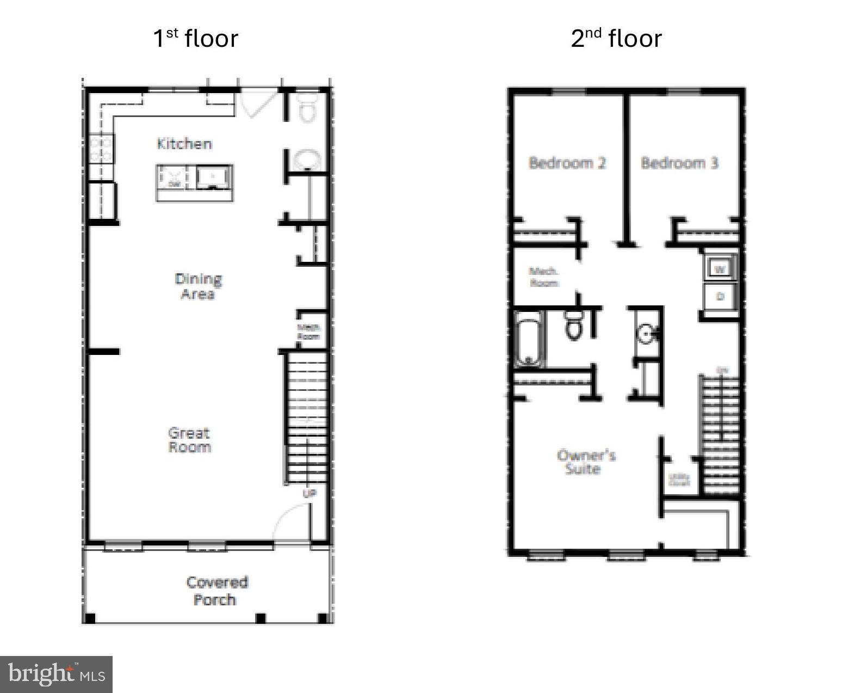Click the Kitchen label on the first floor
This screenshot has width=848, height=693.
[x=184, y=144]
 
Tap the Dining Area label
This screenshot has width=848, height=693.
[x=198, y=286]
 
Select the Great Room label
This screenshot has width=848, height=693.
[x=189, y=440]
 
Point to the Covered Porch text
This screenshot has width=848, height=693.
[x=216, y=591]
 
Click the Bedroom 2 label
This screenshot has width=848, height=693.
[x=567, y=163]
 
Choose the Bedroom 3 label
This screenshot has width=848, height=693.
[x=679, y=163]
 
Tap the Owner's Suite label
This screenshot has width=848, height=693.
[x=586, y=462]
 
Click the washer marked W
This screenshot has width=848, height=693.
[x=720, y=269]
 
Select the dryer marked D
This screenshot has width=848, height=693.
[x=720, y=297]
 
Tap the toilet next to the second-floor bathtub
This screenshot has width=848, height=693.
[x=573, y=326]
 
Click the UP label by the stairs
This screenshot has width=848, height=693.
[x=309, y=494]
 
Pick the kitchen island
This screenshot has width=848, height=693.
[x=195, y=183]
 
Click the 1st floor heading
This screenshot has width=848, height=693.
[x=196, y=38]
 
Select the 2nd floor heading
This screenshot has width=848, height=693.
[x=616, y=38]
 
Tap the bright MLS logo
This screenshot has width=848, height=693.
[x=57, y=674]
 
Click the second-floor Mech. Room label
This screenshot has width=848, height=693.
[x=543, y=277]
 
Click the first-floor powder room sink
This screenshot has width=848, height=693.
[x=307, y=161]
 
